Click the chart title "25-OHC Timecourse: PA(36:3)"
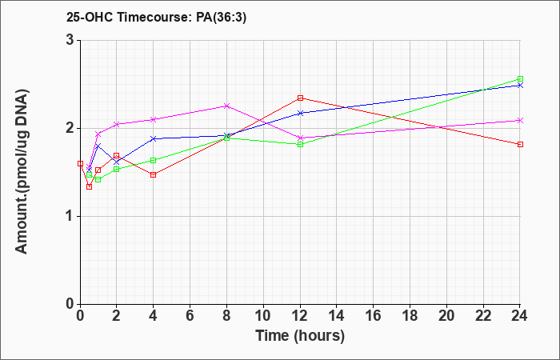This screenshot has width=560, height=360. click(x=157, y=18)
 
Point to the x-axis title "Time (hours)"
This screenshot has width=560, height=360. click(x=300, y=336)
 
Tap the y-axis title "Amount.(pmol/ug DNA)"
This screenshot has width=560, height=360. click(x=22, y=172)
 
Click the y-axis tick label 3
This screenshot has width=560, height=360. click(x=71, y=40)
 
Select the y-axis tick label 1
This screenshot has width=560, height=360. click(x=71, y=217)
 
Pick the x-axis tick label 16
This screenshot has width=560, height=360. click(x=374, y=315)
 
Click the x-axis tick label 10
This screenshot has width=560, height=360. click(x=263, y=315)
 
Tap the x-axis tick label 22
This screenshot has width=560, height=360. click(x=483, y=315)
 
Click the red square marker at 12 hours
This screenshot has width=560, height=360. click(x=300, y=98)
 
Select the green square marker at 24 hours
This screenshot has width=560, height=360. click(x=520, y=79)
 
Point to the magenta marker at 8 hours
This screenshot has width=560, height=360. click(x=226, y=106)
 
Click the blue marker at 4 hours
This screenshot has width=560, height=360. click(x=154, y=138)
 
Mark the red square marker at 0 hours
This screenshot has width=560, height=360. click(x=80, y=163)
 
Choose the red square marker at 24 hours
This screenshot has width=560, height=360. click(x=520, y=144)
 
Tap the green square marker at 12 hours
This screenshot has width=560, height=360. click(x=300, y=144)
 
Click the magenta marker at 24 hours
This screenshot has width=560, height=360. click(x=520, y=120)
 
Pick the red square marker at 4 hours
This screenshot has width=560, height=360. click(x=154, y=174)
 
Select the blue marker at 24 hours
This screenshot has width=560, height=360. click(x=520, y=86)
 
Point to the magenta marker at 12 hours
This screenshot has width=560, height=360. click(x=300, y=138)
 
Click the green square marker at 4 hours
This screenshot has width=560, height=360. click(x=154, y=160)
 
